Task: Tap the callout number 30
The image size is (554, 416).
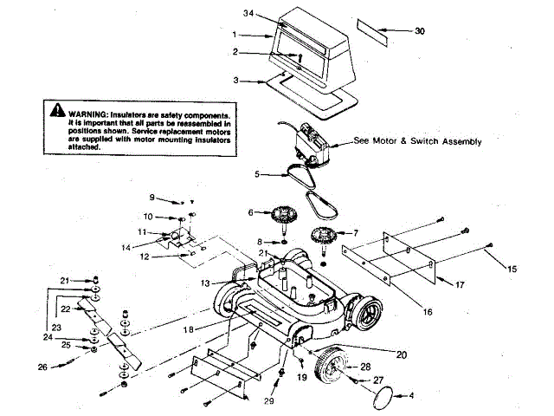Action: tap(420, 31)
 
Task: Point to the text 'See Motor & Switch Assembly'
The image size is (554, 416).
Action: tap(417, 141)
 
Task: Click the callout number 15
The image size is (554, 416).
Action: tap(512, 270)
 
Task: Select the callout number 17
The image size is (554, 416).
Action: tap(460, 283)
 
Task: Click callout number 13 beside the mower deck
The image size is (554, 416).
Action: tap(205, 283)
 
